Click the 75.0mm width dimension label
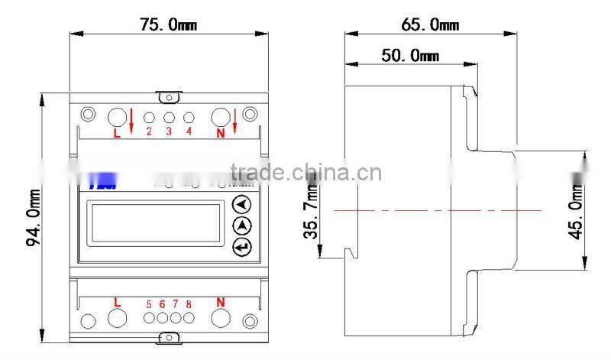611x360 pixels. [x=167, y=24]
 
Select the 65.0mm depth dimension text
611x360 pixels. [x=430, y=24]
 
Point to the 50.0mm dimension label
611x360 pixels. [x=410, y=56]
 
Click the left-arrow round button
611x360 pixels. [x=242, y=205]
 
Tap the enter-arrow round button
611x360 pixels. [x=242, y=246]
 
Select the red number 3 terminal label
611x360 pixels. [x=169, y=131]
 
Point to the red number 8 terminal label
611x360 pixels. [x=189, y=304]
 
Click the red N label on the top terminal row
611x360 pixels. [x=221, y=132]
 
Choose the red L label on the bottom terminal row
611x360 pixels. [x=117, y=302]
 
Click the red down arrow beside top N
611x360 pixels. [x=236, y=118]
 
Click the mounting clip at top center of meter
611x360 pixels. [x=169, y=96]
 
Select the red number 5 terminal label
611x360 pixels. [x=149, y=304]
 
